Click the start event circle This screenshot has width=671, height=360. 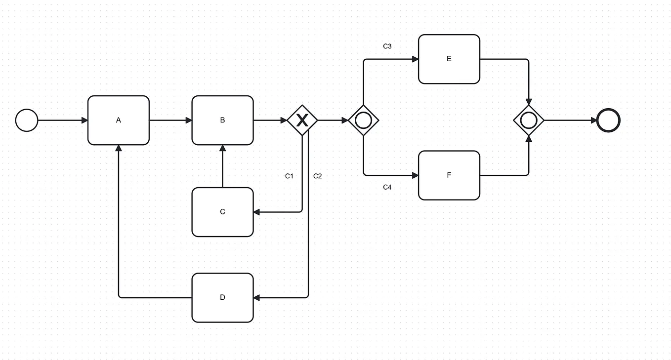pyautogui.click(x=27, y=120)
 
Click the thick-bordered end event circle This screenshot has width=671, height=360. pyautogui.click(x=608, y=120)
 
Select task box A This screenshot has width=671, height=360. pyautogui.click(x=119, y=120)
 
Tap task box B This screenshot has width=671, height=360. pyautogui.click(x=222, y=120)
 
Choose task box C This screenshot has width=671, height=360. pyautogui.click(x=222, y=212)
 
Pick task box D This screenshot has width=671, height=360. pyautogui.click(x=222, y=298)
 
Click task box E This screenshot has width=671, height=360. pyautogui.click(x=449, y=59)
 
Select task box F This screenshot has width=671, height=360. pyautogui.click(x=449, y=175)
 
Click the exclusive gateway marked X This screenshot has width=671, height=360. pyautogui.click(x=302, y=120)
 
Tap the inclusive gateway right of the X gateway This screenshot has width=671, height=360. pyautogui.click(x=363, y=120)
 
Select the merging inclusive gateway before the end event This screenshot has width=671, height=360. pyautogui.click(x=529, y=120)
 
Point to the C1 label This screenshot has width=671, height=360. pyautogui.click(x=289, y=176)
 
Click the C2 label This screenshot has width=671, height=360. pyautogui.click(x=317, y=176)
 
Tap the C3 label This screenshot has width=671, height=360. pyautogui.click(x=387, y=46)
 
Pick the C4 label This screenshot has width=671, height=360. pyautogui.click(x=387, y=187)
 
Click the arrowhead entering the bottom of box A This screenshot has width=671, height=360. pyautogui.click(x=119, y=149)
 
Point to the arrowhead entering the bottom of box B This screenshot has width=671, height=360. pyautogui.click(x=222, y=149)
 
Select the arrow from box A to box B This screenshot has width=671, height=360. pyautogui.click(x=170, y=120)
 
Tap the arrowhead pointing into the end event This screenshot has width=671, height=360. pyautogui.click(x=594, y=120)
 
